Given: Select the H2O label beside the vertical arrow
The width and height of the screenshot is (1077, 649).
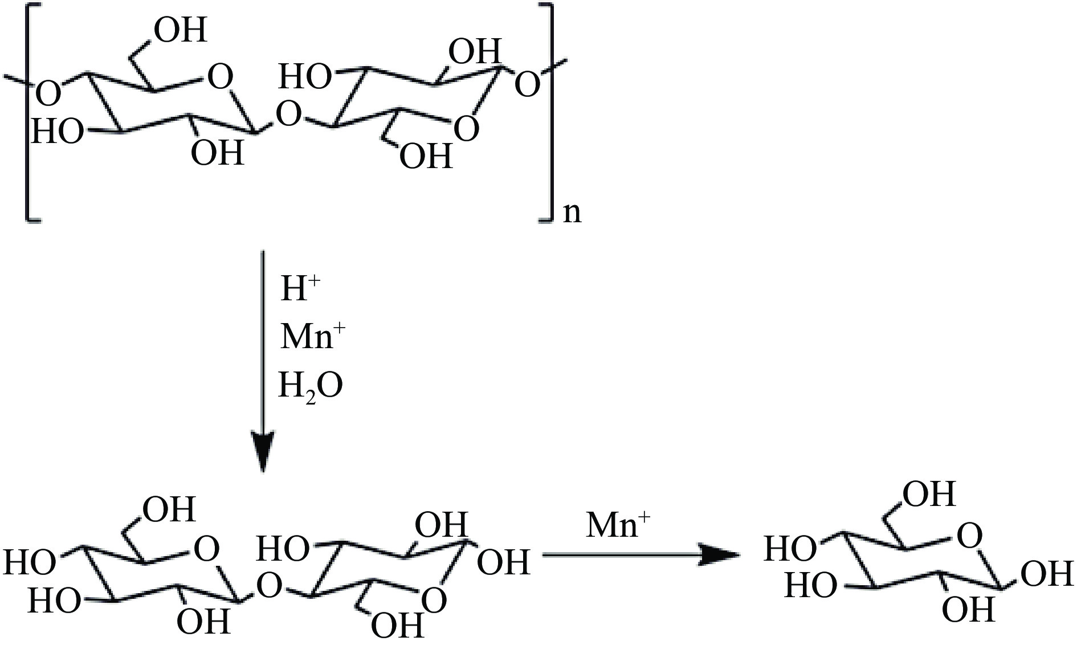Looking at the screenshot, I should tap(311, 385).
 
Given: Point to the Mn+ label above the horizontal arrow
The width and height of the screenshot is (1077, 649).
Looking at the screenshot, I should tap(618, 525).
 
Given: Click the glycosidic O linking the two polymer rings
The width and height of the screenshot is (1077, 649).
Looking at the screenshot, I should tap(288, 116).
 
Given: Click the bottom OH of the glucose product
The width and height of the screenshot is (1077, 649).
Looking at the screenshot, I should tap(968, 610).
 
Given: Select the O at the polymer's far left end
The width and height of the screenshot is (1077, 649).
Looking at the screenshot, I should tap(49, 94).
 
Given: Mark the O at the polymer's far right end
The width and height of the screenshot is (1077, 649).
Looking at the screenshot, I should tap(527, 85).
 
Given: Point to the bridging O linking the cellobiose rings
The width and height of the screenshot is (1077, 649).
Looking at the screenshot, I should tap(270, 585).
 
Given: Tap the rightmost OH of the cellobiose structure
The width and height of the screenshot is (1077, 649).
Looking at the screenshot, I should tap(503, 562).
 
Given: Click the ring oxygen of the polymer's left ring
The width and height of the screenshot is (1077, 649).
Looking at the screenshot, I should tap(221, 77).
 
